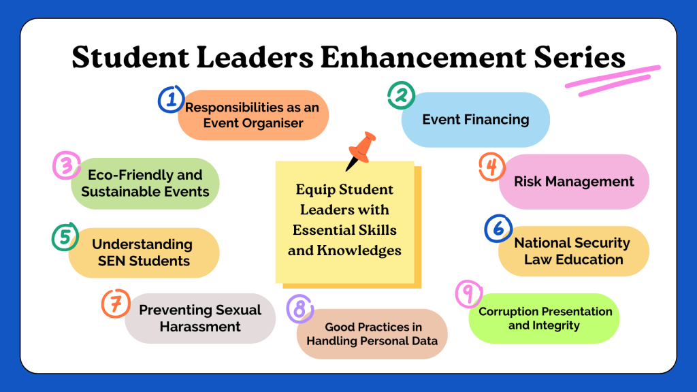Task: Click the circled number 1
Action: [171, 99]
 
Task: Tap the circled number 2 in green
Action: [402, 95]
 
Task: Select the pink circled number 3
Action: [67, 165]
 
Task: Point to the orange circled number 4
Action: [492, 167]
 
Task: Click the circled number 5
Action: [65, 236]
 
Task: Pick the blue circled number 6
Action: [498, 229]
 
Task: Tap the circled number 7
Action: [116, 304]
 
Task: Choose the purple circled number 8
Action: [300, 308]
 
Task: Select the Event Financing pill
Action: [476, 120]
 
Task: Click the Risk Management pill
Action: [574, 181]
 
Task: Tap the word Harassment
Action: [200, 327]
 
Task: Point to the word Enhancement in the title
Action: [423, 57]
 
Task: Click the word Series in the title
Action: [580, 57]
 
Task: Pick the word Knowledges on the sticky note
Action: [359, 250]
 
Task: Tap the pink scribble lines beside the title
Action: [613, 80]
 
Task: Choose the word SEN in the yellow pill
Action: [112, 261]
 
